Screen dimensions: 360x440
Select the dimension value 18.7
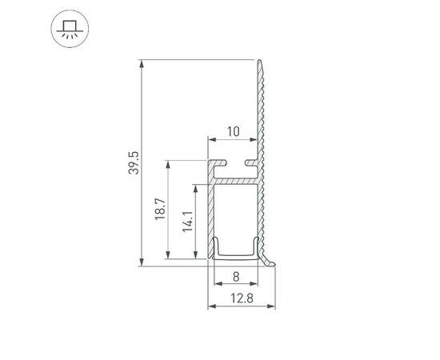(159, 210)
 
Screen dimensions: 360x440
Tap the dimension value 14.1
(186, 221)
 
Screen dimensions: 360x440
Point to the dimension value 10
(233, 131)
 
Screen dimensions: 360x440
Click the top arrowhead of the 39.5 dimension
(142, 63)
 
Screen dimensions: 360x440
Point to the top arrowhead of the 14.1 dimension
(194, 188)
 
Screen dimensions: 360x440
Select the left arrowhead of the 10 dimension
(211, 139)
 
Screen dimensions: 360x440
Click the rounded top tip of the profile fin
(260, 61)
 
